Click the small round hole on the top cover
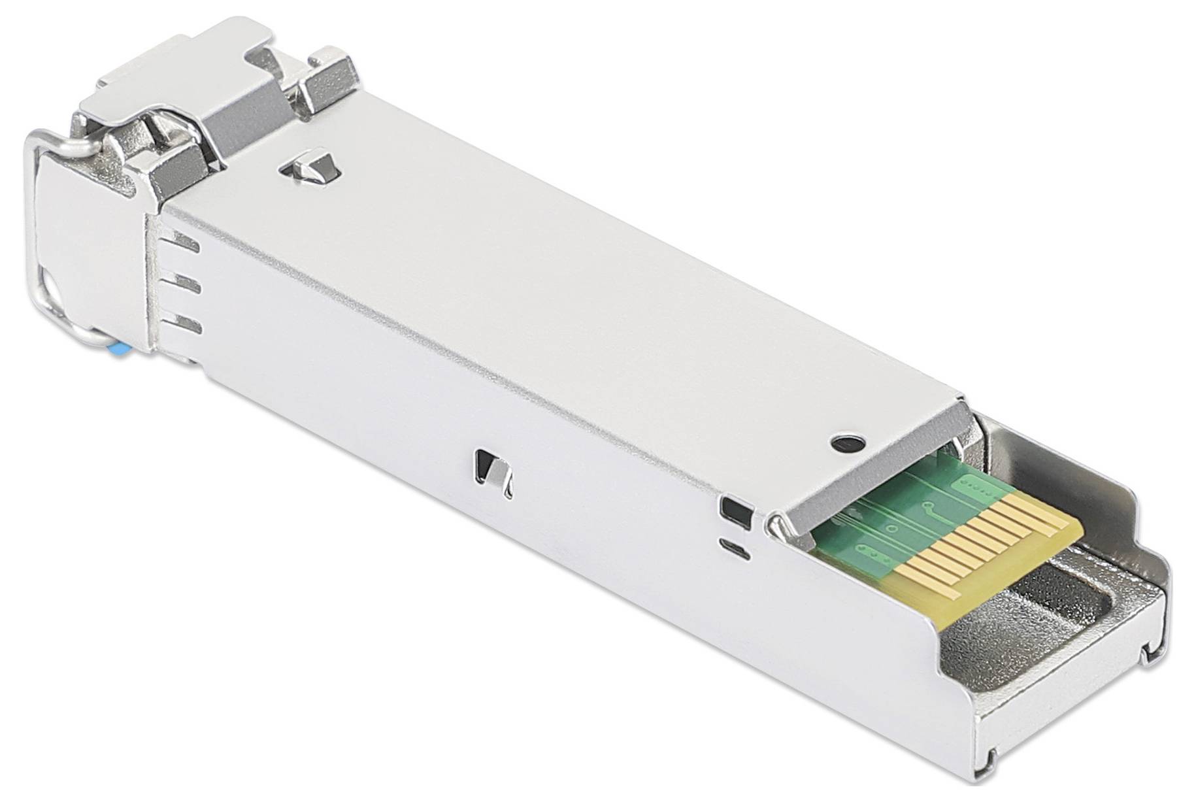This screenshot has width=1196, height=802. point(848,443)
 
